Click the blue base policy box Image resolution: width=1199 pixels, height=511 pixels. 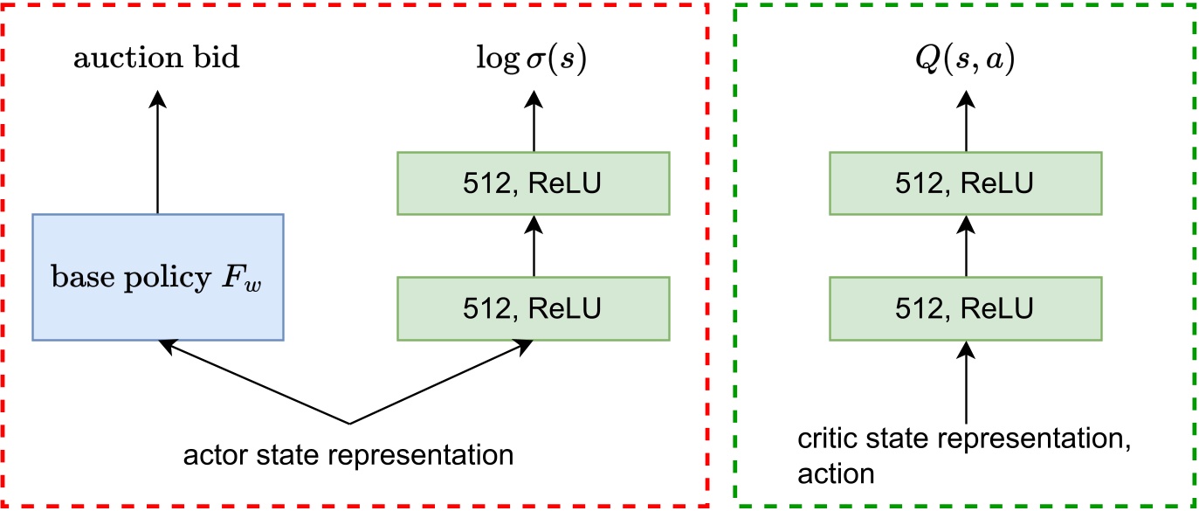click(x=157, y=276)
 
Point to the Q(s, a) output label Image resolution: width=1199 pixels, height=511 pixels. click(x=965, y=59)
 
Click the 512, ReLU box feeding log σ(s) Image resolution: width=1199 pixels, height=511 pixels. click(x=533, y=183)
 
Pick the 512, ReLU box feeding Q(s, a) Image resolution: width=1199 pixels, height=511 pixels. click(x=965, y=183)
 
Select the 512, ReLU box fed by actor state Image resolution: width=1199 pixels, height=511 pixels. click(x=533, y=307)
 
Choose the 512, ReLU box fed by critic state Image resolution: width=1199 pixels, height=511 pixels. click(x=965, y=307)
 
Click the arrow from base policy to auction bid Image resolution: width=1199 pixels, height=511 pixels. click(x=157, y=153)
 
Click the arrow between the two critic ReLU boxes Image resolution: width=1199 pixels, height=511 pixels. click(x=965, y=245)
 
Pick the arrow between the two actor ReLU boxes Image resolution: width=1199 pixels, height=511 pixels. click(x=533, y=245)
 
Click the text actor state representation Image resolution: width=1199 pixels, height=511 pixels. click(x=348, y=455)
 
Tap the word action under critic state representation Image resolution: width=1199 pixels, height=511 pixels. click(x=835, y=474)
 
